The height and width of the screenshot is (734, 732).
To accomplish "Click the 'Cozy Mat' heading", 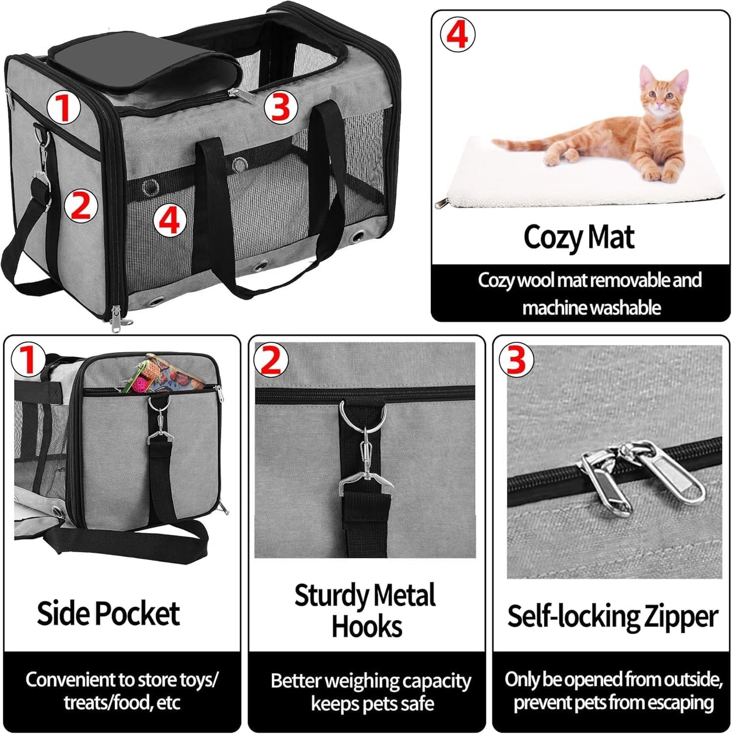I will point(579,237).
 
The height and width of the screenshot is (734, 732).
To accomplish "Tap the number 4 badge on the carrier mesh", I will point(170,221).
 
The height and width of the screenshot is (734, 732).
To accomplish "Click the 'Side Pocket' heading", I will point(108,613).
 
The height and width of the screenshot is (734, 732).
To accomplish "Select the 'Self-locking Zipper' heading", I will point(612,616).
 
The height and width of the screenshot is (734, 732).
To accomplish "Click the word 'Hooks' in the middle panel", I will point(366,627).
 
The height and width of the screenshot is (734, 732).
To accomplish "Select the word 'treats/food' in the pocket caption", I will point(106,703).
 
